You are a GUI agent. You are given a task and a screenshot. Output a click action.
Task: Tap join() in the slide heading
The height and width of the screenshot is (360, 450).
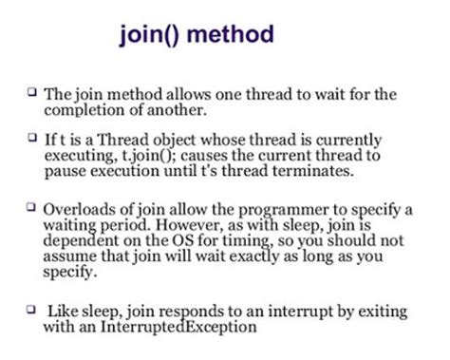[150, 36]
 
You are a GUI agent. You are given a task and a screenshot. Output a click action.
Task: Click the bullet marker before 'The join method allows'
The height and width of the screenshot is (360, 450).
[33, 92]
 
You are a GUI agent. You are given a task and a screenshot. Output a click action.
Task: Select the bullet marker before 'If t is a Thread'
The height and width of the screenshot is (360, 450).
[33, 137]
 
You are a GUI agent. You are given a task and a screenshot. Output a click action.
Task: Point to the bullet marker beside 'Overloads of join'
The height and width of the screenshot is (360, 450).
[33, 206]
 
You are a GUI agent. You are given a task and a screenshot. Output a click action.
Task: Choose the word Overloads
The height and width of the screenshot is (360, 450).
[82, 207]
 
